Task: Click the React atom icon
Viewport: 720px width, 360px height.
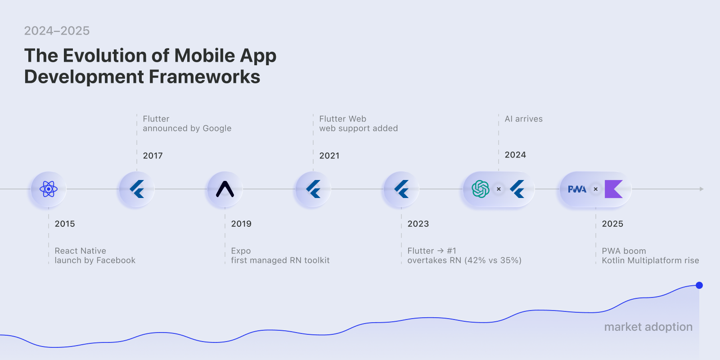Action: tap(49, 189)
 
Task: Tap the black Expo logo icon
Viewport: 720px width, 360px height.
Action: tap(225, 189)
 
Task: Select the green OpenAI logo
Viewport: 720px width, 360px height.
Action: tap(481, 189)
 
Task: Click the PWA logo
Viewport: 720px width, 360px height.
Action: tap(577, 189)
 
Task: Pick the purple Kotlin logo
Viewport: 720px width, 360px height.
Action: tap(613, 189)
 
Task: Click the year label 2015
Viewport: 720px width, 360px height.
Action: tap(65, 224)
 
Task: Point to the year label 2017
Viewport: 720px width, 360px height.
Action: tap(153, 156)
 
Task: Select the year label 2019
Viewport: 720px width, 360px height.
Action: tap(241, 224)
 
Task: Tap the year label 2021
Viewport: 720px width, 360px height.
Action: tap(329, 156)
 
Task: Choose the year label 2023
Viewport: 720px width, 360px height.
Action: tap(418, 224)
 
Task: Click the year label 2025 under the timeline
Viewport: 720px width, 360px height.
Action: tap(612, 224)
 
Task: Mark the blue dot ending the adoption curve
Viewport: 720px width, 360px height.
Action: tap(699, 285)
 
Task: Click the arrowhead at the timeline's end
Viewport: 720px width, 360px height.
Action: tap(701, 189)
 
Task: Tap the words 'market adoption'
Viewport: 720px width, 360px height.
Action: tap(648, 327)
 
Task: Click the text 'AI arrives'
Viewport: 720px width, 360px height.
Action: tap(523, 119)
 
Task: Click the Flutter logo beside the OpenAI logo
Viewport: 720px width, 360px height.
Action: tap(517, 189)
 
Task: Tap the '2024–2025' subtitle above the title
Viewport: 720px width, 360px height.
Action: tap(57, 31)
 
